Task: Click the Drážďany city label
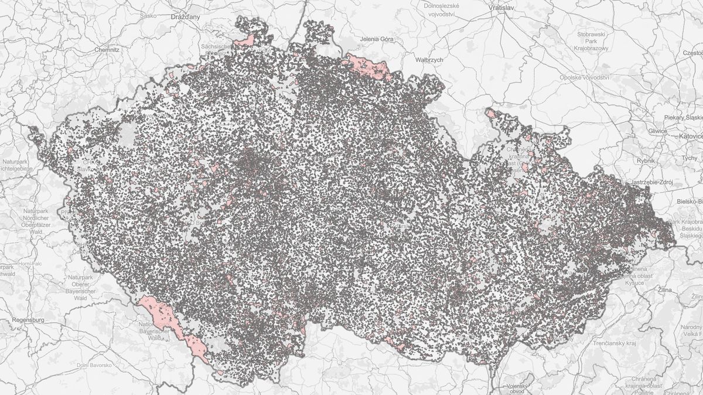pyautogui.click(x=185, y=18)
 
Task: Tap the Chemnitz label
pyautogui.click(x=107, y=50)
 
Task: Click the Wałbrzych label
pyautogui.click(x=429, y=60)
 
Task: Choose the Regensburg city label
pyautogui.click(x=28, y=320)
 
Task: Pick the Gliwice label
pyautogui.click(x=657, y=131)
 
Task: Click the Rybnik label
pyautogui.click(x=646, y=160)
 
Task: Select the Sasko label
pyautogui.click(x=148, y=16)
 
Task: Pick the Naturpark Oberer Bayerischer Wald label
pyautogui.click(x=80, y=287)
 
